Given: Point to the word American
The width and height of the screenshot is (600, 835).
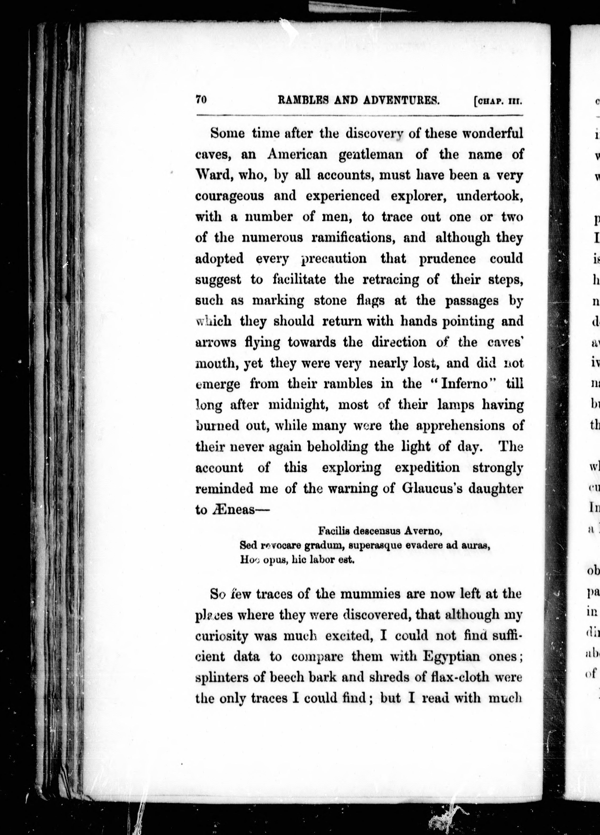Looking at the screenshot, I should (x=297, y=154).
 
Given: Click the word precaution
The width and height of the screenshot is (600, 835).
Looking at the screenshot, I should (x=334, y=259).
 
